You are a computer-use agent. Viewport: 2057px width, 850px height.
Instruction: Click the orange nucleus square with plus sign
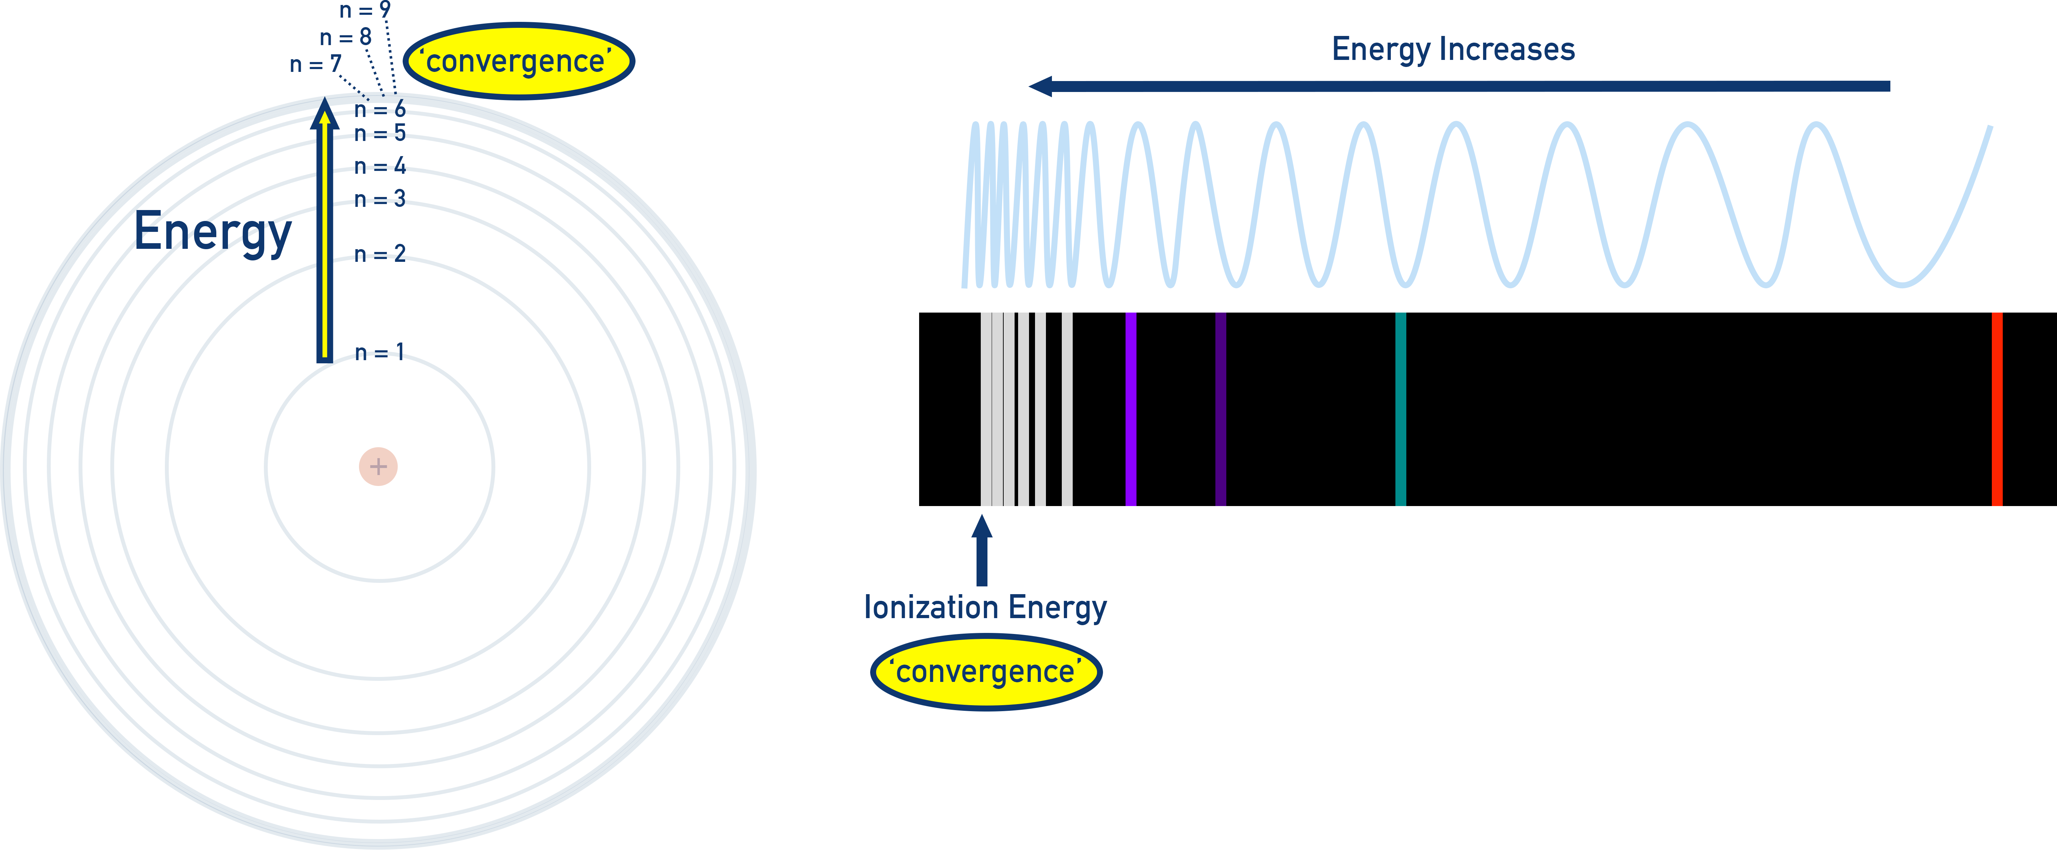click(378, 467)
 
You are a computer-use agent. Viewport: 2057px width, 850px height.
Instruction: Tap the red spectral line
click(1996, 409)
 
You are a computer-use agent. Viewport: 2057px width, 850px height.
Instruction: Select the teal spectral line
click(1400, 409)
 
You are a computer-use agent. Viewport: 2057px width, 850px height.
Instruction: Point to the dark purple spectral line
click(1220, 409)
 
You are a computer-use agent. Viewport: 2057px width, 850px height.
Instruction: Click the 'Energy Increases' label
click(1452, 50)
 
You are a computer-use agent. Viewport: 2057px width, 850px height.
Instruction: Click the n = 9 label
click(365, 10)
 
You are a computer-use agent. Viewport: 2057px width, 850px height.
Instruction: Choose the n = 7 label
click(315, 64)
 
